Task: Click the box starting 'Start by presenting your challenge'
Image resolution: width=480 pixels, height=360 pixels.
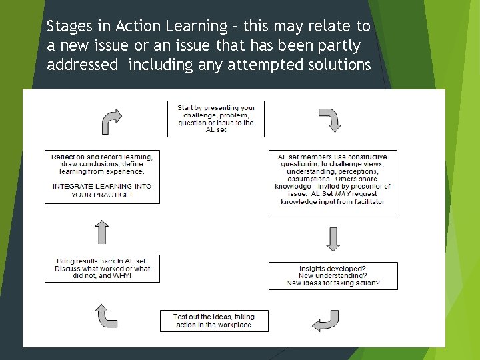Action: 216,118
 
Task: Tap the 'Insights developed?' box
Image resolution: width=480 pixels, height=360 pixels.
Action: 333,276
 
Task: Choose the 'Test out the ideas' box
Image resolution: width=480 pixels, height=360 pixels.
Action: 214,321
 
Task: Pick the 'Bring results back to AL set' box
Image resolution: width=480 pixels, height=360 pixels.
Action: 102,268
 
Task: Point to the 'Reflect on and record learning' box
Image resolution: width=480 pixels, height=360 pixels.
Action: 102,175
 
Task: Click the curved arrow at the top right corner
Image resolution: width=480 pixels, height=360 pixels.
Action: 330,120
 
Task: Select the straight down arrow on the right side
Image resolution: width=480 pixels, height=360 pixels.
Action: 333,239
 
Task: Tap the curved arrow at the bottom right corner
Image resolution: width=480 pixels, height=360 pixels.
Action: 326,321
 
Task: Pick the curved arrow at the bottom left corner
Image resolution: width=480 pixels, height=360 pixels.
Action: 106,315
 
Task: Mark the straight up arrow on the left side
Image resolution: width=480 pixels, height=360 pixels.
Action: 102,231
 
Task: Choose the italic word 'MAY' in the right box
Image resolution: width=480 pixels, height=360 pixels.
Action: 344,194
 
